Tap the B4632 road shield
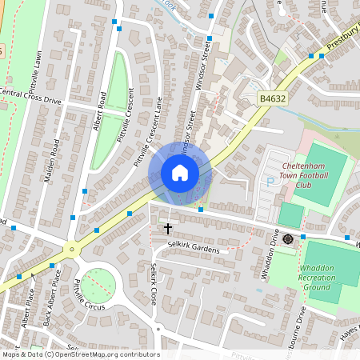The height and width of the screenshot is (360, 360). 271,98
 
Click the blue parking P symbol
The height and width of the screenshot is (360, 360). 270,182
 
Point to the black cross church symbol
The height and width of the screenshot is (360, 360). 168,229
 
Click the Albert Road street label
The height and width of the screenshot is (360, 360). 101,115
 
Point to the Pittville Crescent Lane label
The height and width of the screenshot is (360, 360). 148,132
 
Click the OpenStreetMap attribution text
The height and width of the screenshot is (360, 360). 80,354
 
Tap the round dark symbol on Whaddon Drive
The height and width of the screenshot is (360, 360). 288,238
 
